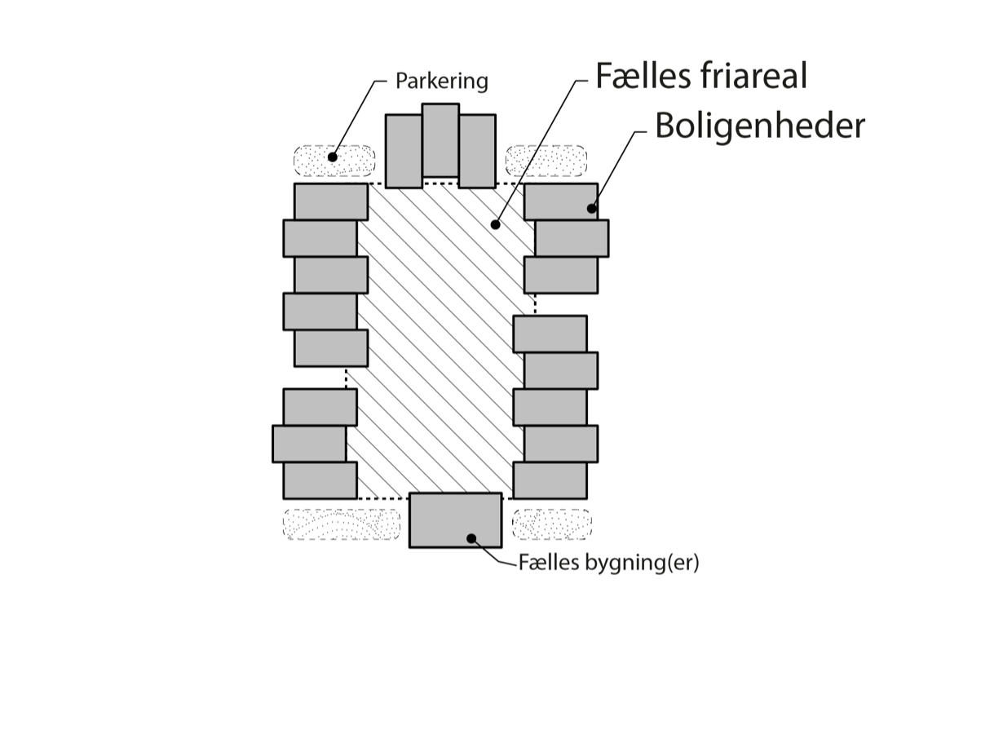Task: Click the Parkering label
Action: point(441,82)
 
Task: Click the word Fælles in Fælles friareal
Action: point(643,76)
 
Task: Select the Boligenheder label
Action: point(759,126)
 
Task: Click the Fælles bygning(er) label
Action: point(608,563)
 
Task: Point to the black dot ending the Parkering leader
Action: point(332,157)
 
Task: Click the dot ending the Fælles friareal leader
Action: point(495,223)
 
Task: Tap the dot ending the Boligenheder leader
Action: point(592,208)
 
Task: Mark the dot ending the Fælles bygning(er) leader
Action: point(471,537)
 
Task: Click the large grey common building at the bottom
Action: point(455,520)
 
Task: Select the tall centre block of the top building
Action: point(440,139)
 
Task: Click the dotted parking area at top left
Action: point(334,161)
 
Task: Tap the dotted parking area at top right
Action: point(546,160)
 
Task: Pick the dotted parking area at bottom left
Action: point(342,524)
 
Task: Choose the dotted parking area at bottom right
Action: point(551,524)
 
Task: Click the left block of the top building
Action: point(404,151)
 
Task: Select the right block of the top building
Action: point(477,151)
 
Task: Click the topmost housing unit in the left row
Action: point(330,201)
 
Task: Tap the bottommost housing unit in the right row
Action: point(550,480)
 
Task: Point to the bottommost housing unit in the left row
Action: point(320,480)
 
